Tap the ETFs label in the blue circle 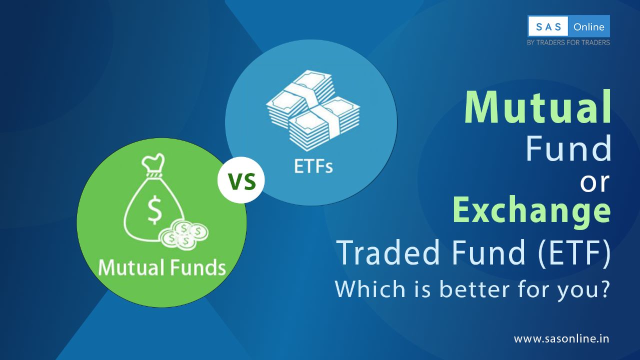(313, 166)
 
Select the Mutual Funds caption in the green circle (161, 267)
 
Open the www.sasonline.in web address (561, 338)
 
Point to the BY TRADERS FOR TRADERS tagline (568, 42)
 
